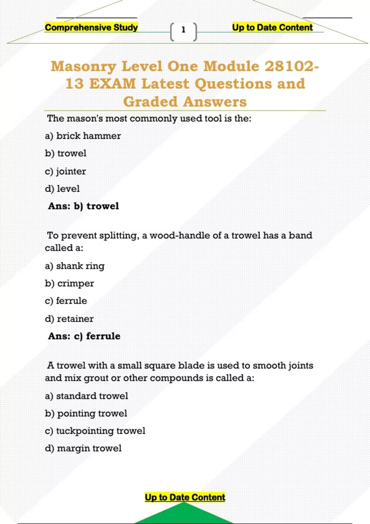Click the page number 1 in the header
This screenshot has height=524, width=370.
183,30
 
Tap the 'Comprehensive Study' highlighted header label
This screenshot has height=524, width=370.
91,27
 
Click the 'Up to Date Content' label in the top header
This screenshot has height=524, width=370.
272,27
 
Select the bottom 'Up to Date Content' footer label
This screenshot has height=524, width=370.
185,497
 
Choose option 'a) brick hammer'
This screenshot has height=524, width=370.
83,136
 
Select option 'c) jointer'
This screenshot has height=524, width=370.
65,171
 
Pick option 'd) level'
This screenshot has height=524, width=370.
62,189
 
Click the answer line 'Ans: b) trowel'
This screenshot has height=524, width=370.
83,206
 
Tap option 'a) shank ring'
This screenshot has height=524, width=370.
75,266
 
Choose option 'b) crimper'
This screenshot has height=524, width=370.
69,283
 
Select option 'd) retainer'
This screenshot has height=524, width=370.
69,319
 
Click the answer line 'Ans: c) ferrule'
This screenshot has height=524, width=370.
84,336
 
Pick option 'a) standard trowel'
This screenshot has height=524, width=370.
86,396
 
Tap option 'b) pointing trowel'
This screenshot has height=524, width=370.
86,413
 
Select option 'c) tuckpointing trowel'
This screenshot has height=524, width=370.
95,431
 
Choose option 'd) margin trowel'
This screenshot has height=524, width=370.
83,448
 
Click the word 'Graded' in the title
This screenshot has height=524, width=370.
150,102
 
